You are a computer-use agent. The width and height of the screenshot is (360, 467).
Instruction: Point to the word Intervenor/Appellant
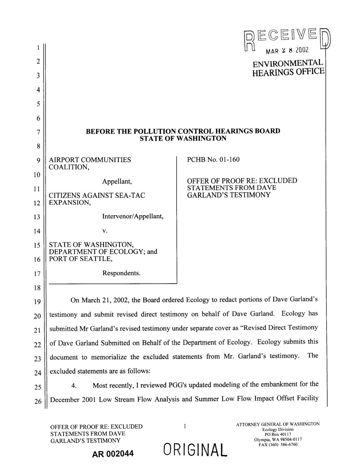133,217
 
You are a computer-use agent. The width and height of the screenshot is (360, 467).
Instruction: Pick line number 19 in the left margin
38,302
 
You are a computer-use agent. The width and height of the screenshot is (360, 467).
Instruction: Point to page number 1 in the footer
184,427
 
